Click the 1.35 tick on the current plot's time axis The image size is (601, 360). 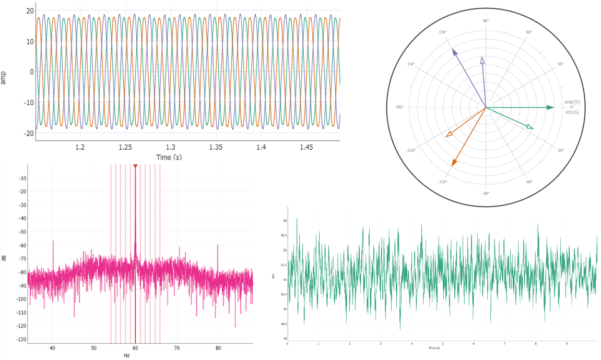(216, 148)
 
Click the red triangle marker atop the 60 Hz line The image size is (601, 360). (135, 166)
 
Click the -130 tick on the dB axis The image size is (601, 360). (20, 339)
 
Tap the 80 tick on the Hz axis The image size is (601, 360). (219, 347)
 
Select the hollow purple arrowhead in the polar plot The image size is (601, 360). (482, 61)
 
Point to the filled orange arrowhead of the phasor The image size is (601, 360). (454, 163)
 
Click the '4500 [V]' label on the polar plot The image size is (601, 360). (572, 102)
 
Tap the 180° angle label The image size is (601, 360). (399, 107)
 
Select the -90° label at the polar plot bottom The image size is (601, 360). (486, 193)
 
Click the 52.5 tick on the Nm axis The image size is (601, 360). (285, 235)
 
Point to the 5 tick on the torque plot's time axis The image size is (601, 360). (443, 343)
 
